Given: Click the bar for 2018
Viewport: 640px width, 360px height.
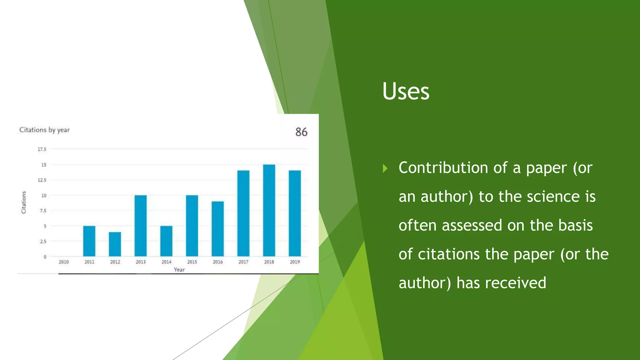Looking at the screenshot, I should click(269, 210).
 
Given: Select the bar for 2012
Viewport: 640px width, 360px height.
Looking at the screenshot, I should click(115, 244).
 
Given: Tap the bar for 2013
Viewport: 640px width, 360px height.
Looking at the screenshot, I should click(141, 226).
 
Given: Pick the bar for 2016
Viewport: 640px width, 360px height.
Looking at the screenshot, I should click(218, 229).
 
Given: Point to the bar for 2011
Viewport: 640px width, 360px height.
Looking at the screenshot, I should click(89, 241).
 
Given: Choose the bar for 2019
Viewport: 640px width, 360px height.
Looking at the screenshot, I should click(295, 213).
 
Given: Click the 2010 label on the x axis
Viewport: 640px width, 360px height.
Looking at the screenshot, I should click(64, 262).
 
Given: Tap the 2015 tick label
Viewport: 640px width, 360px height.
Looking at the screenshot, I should click(192, 262).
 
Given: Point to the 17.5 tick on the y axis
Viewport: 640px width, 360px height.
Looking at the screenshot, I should click(42, 149).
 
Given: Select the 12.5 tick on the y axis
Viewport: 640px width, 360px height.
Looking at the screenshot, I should click(42, 180).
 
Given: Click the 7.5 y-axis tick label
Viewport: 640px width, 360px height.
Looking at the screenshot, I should click(43, 211).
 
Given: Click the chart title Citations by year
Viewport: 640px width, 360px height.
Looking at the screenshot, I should click(44, 130).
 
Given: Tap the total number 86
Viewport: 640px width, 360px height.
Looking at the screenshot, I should click(301, 132).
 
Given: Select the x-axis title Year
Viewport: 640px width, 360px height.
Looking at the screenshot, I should click(179, 270).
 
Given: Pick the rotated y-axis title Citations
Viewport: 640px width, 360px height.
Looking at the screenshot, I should click(24, 202).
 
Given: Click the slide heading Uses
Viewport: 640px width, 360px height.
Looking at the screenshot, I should click(406, 91).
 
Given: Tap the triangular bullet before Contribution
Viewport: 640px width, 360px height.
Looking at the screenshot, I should click(385, 169).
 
